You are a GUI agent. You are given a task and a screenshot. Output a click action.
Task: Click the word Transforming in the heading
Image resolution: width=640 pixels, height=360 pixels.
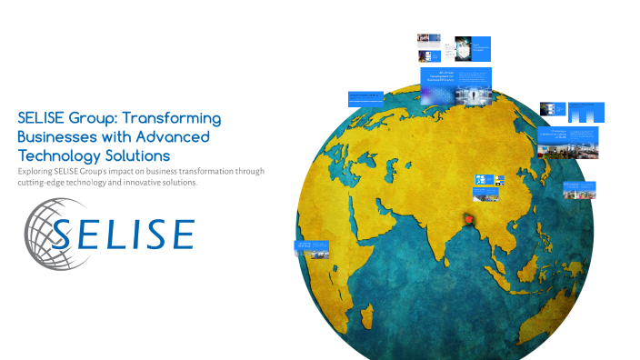tap(172, 118)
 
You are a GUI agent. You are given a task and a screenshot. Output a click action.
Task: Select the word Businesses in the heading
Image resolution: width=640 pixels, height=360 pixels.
tap(57, 136)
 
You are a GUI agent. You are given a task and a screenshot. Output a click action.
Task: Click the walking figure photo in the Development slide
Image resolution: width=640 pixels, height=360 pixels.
tap(472, 95)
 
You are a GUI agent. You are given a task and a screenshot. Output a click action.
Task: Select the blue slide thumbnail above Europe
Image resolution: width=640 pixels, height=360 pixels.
tap(365, 97)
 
